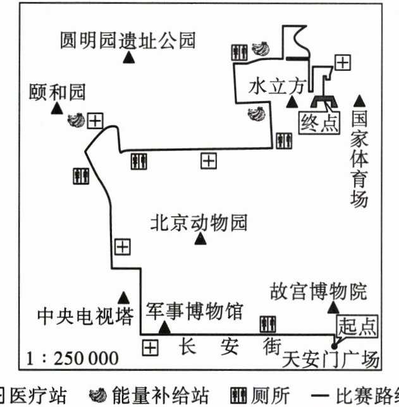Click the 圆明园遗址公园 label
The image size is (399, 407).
pyautogui.click(x=128, y=40)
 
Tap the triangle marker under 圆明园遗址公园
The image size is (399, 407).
pyautogui.click(x=128, y=58)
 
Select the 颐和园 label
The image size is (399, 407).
pyautogui.click(x=57, y=92)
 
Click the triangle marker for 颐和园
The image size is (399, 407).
pyautogui.click(x=57, y=108)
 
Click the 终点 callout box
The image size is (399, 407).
pyautogui.click(x=319, y=123)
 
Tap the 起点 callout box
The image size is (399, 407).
pyautogui.click(x=357, y=326)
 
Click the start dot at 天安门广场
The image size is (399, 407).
pyautogui.click(x=335, y=346)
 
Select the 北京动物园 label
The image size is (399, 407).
pyautogui.click(x=199, y=222)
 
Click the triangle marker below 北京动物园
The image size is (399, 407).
pyautogui.click(x=200, y=239)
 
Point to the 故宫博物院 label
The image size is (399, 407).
pyautogui.click(x=319, y=291)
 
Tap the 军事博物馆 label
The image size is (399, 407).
pyautogui.click(x=195, y=311)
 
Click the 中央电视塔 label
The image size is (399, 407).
pyautogui.click(x=86, y=316)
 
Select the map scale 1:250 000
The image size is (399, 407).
pyautogui.click(x=72, y=358)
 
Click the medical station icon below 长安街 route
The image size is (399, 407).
pyautogui.click(x=150, y=348)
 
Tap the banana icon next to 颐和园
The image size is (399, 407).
pyautogui.click(x=76, y=120)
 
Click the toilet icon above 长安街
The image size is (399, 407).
pyautogui.click(x=268, y=324)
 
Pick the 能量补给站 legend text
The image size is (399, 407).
pyautogui.click(x=161, y=396)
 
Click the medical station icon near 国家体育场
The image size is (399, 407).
pyautogui.click(x=343, y=63)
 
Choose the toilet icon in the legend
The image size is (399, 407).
pyautogui.click(x=238, y=396)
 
